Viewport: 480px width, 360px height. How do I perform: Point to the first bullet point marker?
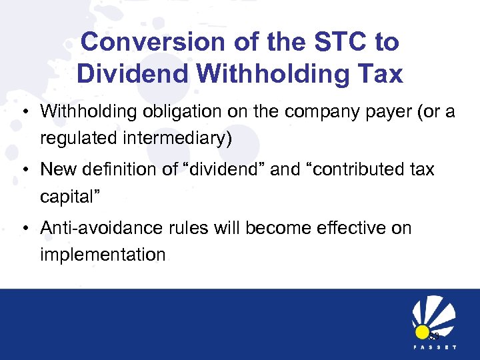coord(23,111)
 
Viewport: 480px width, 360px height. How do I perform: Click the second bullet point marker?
coord(23,170)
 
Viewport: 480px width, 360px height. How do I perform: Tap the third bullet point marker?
coord(23,229)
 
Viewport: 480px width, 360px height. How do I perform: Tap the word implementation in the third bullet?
coord(103,255)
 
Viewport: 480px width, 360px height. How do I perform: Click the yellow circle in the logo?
coord(422,332)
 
